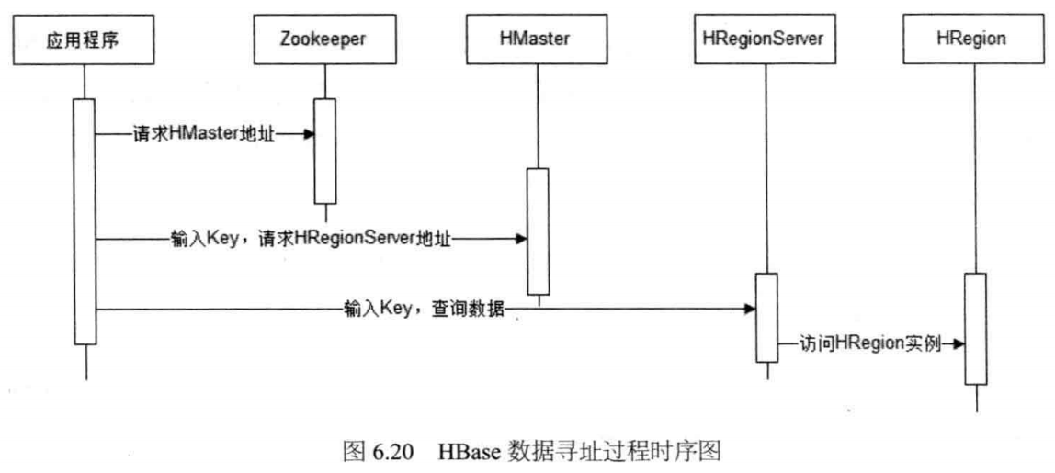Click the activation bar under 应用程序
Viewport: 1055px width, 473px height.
[x=85, y=220]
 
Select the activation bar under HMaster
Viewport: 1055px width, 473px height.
[x=537, y=230]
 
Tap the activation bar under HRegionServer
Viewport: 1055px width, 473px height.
[x=766, y=317]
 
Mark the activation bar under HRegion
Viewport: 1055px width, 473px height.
[x=975, y=328]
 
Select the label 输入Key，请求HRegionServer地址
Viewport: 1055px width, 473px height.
[x=312, y=239]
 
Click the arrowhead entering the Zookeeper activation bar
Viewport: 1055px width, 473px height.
[x=311, y=134]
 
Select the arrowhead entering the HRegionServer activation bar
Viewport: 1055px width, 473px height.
[x=750, y=309]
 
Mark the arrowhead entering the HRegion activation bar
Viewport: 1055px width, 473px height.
[x=959, y=343]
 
